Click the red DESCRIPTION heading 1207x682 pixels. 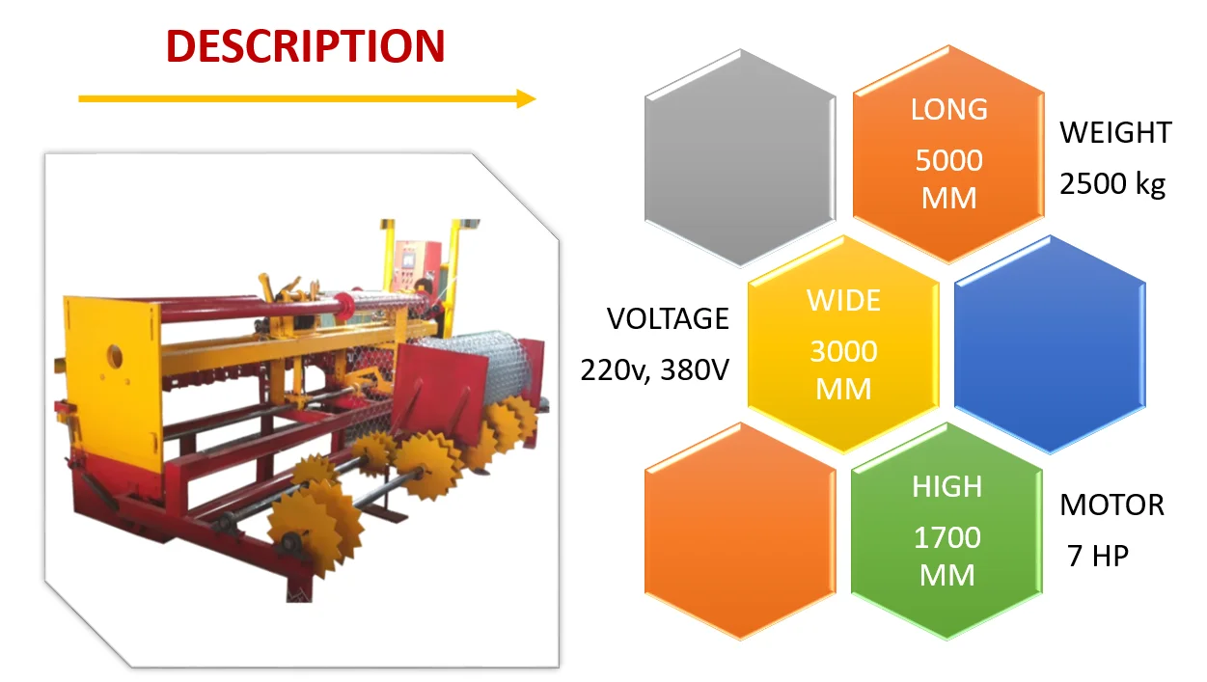305,46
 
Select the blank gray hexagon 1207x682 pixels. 739,158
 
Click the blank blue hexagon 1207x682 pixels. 1050,344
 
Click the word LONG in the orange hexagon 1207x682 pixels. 949,110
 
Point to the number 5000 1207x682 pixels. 949,160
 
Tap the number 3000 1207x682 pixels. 843,351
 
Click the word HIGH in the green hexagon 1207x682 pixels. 947,487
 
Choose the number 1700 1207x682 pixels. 947,537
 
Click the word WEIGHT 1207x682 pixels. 1116,133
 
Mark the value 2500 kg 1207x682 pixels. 1112,183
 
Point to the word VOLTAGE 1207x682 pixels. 668,318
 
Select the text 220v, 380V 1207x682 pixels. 654,368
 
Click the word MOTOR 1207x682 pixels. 1112,505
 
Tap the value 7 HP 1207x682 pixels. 1098,556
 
